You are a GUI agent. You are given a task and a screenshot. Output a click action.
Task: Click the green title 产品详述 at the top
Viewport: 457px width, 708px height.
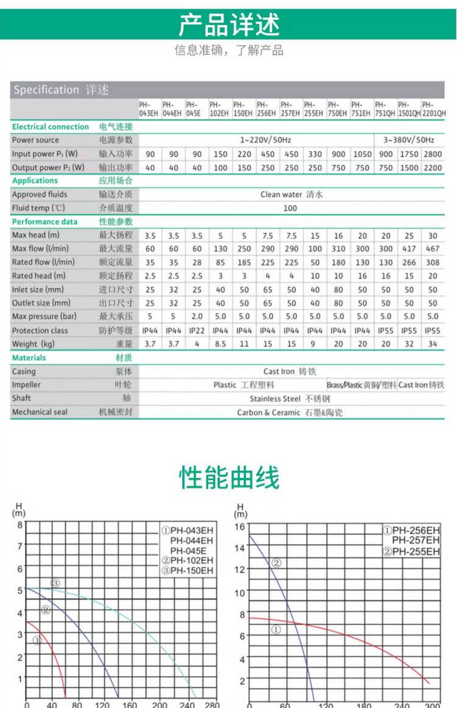point(228,25)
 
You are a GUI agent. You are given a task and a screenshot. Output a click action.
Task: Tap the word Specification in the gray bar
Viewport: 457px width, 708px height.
point(46,90)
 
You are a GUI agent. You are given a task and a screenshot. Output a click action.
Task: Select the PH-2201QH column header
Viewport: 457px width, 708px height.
point(433,109)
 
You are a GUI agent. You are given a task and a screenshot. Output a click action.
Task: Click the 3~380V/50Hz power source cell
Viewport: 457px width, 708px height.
point(409,140)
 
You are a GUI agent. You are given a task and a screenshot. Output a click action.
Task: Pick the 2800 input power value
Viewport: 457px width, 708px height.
point(433,154)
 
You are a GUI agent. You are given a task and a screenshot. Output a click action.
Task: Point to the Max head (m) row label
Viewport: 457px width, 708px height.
point(36,235)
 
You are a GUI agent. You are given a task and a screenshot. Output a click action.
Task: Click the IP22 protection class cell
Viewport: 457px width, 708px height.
point(197,330)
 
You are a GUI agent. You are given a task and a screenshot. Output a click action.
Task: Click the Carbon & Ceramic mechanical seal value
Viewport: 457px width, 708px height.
point(289,412)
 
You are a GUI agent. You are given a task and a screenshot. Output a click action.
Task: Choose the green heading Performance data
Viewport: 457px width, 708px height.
point(44,221)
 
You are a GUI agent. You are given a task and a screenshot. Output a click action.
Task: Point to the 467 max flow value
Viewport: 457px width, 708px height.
point(433,249)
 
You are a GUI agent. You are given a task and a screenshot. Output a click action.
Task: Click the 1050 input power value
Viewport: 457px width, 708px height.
point(362,154)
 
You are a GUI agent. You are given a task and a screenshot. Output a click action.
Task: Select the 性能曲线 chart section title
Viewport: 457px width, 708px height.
point(229,477)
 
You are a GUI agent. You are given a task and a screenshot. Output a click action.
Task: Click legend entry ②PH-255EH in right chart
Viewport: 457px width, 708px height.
point(411,552)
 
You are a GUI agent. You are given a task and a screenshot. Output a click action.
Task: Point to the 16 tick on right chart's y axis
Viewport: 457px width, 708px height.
point(239,527)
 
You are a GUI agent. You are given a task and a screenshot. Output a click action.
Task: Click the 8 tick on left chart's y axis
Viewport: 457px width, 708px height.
point(19,524)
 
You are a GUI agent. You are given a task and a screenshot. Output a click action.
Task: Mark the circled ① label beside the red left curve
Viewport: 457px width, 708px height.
point(37,640)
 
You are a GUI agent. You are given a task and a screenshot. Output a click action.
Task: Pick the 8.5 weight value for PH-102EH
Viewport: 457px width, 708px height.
point(221,344)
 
